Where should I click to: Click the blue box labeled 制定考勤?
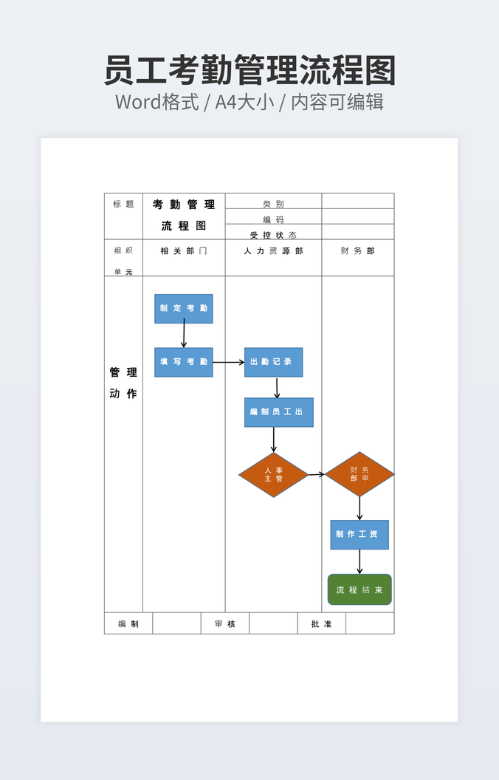(x=183, y=309)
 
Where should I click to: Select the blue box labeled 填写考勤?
(x=183, y=362)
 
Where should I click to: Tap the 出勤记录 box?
(x=273, y=362)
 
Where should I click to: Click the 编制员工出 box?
(x=278, y=412)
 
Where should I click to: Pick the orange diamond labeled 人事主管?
(x=273, y=475)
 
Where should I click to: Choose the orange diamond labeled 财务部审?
(x=359, y=474)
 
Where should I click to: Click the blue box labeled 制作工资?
(x=359, y=534)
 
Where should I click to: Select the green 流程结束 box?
(x=359, y=589)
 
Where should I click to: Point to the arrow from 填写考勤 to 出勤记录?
(x=228, y=363)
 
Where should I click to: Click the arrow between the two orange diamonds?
(x=316, y=474)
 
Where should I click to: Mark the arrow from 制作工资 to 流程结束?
(x=359, y=561)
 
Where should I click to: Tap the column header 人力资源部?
(x=273, y=251)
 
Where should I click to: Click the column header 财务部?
(x=357, y=251)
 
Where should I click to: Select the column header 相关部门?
(x=183, y=251)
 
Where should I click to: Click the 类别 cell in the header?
(x=273, y=204)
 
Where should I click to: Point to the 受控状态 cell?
(x=273, y=235)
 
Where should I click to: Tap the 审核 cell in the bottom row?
(x=224, y=624)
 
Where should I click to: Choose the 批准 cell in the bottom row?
(x=321, y=624)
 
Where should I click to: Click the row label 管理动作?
(x=123, y=383)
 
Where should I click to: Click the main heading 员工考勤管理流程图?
(x=250, y=72)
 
